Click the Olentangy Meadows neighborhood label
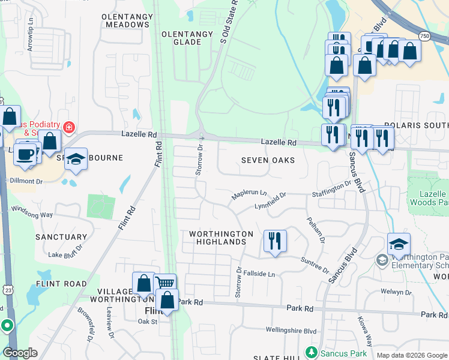[126, 20]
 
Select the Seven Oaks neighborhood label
[268, 160]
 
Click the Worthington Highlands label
[217, 238]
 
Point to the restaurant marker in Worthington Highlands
[275, 242]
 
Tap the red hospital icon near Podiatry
[69, 127]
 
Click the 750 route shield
[424, 36]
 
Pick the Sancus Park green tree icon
[311, 351]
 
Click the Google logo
[20, 353]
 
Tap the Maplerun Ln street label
[249, 194]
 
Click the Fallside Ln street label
[259, 274]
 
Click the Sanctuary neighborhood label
[61, 237]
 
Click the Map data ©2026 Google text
[411, 355]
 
